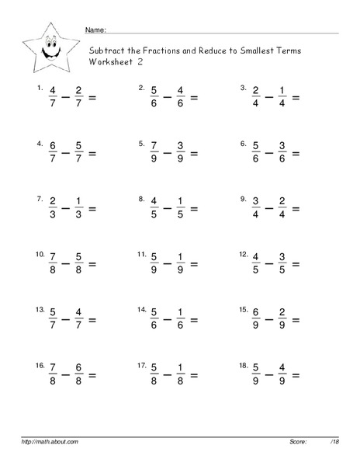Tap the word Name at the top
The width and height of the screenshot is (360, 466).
click(x=95, y=30)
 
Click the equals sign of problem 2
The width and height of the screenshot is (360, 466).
click(x=195, y=98)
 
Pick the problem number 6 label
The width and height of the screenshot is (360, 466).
click(x=243, y=144)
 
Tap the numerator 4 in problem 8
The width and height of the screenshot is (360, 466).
click(x=152, y=202)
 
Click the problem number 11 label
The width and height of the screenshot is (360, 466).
click(x=141, y=254)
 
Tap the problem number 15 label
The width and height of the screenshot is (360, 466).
click(x=244, y=310)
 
